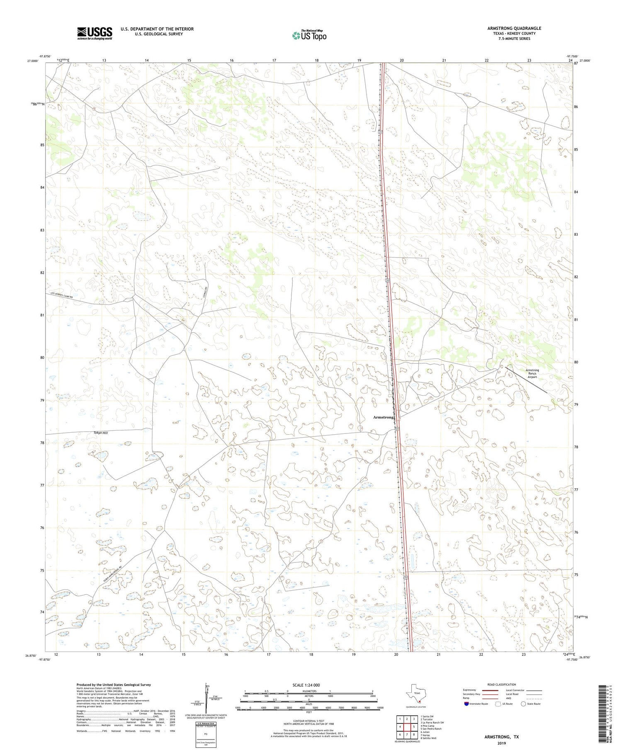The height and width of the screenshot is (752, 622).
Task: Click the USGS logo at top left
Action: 94,33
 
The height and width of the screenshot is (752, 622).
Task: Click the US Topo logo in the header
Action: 309,36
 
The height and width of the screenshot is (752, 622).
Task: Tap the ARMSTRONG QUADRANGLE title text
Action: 514,29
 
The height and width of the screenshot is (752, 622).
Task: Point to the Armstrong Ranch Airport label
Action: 532,373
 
